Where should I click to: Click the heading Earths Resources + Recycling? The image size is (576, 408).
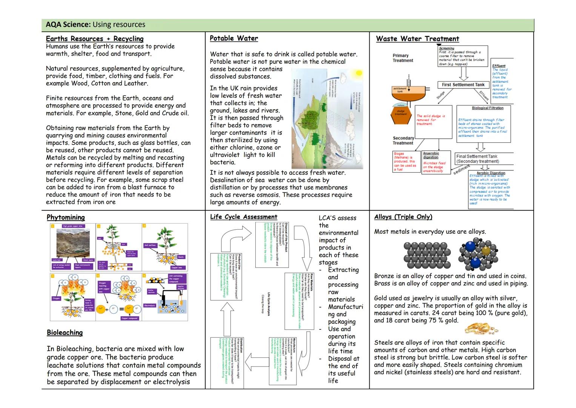tap(95, 39)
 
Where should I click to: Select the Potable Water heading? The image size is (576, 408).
tap(234, 38)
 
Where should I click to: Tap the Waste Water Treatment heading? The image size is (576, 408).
tap(417, 39)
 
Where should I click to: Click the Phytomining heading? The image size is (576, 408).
tap(66, 217)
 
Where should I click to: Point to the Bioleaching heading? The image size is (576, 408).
tap(65, 332)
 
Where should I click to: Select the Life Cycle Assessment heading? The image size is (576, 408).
tap(244, 217)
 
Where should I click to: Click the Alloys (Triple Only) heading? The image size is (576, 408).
tap(403, 217)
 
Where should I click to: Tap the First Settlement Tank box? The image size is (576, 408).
tap(463, 85)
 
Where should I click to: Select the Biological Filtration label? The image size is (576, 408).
tap(487, 108)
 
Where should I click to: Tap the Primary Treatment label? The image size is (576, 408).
tap(402, 58)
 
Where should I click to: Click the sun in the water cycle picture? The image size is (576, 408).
tap(358, 73)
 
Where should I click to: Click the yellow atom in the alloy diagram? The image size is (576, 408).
tap(486, 250)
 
